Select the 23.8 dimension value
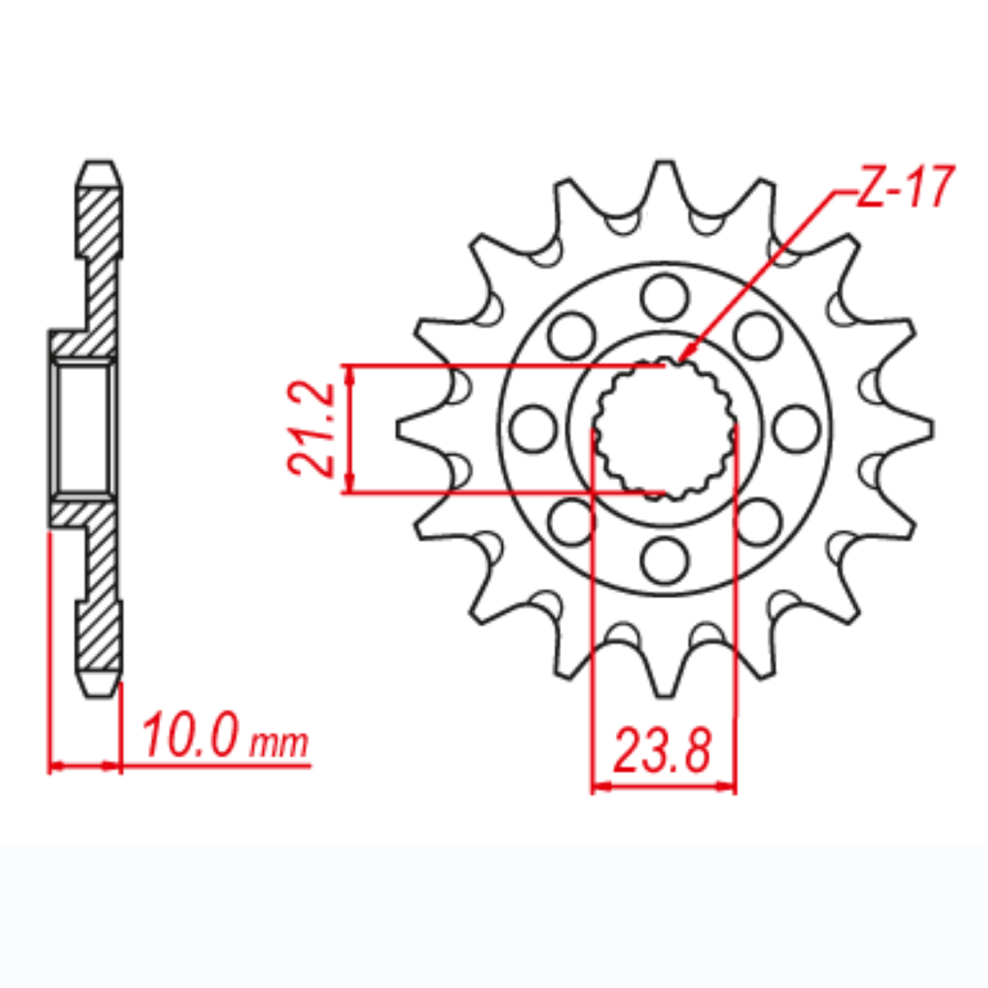click(662, 751)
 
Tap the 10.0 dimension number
click(190, 736)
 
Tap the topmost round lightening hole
click(664, 298)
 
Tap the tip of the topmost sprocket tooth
click(664, 164)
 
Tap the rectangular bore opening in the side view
click(83, 428)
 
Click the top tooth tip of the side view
click(99, 164)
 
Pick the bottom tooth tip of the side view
click(99, 693)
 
